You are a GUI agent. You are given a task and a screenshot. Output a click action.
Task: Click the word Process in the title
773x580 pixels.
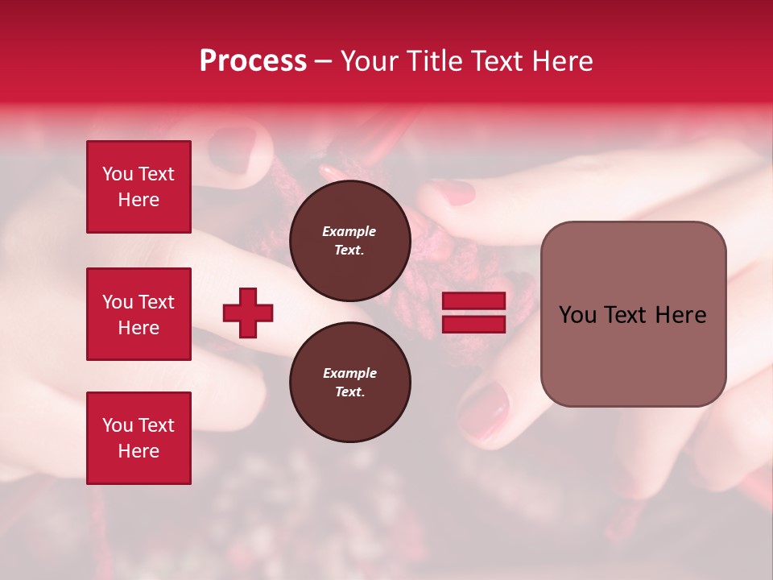[253, 61]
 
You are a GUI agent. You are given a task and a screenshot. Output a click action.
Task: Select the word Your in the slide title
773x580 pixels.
[370, 61]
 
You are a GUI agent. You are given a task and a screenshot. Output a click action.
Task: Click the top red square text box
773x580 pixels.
[138, 187]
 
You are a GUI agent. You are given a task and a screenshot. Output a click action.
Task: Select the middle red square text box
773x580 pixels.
[138, 314]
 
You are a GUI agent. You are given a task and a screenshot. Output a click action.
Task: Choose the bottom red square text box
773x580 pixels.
[138, 438]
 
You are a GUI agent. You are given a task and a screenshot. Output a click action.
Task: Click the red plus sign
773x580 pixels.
[248, 313]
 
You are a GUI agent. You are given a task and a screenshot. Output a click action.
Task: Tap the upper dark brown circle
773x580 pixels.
[350, 241]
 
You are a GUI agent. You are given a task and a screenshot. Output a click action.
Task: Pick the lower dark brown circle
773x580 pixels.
[350, 383]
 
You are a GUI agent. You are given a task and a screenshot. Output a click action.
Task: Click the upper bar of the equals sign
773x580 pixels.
[473, 300]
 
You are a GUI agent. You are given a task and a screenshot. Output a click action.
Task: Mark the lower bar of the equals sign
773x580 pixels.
[473, 324]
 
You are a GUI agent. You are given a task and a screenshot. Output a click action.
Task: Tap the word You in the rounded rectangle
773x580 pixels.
[578, 315]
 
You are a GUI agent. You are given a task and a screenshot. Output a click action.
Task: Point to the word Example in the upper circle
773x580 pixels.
[349, 231]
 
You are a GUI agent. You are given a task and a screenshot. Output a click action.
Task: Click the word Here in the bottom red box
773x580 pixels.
[138, 451]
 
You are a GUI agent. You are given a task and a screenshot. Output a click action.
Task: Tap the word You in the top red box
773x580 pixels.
[118, 174]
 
